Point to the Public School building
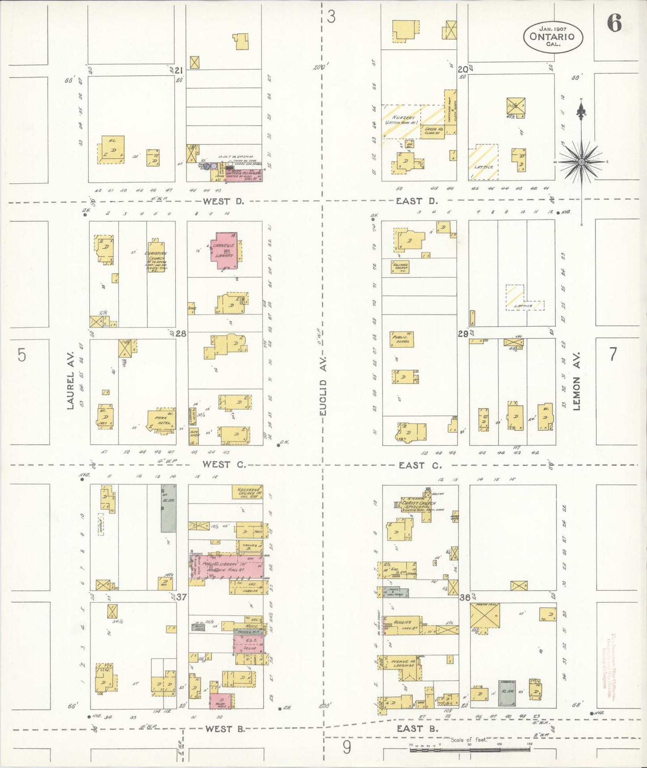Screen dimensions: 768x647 pyautogui.click(x=402, y=339)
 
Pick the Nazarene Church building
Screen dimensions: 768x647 pyautogui.click(x=247, y=492)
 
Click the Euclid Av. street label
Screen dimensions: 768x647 pyautogui.click(x=323, y=386)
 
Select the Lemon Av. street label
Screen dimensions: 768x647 pyautogui.click(x=576, y=381)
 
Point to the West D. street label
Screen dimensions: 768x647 pyautogui.click(x=223, y=201)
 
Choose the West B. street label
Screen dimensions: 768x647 pyautogui.click(x=225, y=729)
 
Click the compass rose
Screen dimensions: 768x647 pyautogui.click(x=581, y=161)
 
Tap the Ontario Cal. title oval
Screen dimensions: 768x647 pyautogui.click(x=553, y=36)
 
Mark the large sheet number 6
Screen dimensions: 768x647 pyautogui.click(x=614, y=23)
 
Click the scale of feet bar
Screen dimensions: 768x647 pyautogui.click(x=470, y=749)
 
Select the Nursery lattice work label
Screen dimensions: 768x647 pyautogui.click(x=403, y=120)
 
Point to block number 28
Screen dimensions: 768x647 pyautogui.click(x=180, y=333)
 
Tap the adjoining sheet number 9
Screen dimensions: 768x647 pyautogui.click(x=347, y=747)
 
